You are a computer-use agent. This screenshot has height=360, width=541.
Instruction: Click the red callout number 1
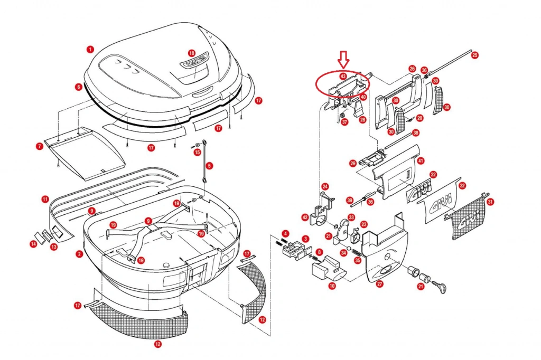(90, 49)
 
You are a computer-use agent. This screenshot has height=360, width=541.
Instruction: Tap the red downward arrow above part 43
(344, 59)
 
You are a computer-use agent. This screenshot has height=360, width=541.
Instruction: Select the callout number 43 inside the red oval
(343, 76)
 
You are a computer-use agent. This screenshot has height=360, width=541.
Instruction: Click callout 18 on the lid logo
(191, 53)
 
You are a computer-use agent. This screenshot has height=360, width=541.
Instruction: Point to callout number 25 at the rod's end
(474, 55)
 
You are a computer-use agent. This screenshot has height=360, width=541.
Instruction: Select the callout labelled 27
(379, 283)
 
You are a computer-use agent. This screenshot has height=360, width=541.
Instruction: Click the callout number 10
(332, 286)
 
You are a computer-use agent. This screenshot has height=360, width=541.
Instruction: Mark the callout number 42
(305, 217)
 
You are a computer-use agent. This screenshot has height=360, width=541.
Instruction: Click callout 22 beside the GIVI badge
(433, 174)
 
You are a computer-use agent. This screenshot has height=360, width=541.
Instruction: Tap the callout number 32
(462, 186)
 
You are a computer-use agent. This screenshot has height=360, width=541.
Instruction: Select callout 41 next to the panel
(421, 160)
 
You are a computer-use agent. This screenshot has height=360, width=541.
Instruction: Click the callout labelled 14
(33, 243)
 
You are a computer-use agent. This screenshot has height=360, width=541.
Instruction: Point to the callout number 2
(79, 254)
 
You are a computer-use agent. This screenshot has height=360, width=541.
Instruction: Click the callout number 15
(198, 153)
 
